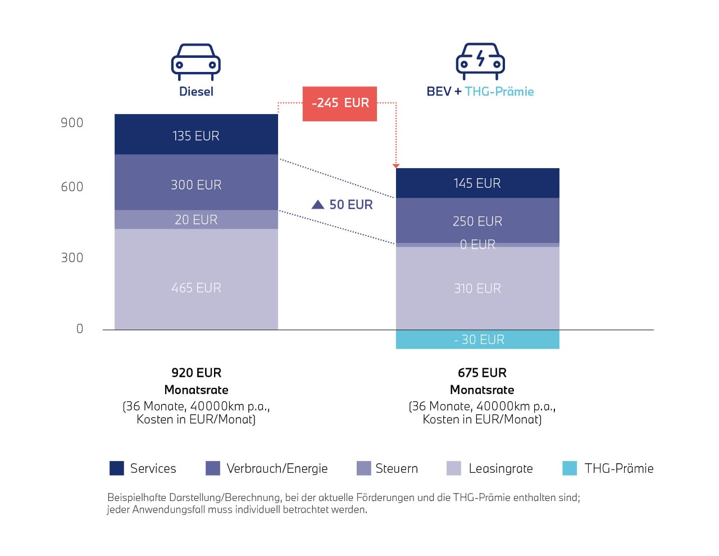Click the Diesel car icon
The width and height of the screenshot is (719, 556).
pos(195,61)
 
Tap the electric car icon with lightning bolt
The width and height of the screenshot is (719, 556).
pos(480,61)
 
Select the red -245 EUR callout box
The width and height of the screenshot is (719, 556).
pos(340,103)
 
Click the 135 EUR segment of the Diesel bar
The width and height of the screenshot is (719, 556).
pos(196,135)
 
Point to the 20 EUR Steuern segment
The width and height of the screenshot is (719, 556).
pos(196,219)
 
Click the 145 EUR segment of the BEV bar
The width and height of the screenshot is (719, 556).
pos(477,183)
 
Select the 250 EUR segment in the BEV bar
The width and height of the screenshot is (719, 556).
pos(477,221)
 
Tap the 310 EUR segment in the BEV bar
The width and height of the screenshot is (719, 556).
pos(477,288)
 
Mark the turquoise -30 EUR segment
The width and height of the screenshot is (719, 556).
pos(477,340)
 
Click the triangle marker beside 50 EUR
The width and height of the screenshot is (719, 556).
pos(318,205)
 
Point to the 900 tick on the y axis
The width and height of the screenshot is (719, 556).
pos(72,123)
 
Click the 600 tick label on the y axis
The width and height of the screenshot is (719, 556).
pos(72,187)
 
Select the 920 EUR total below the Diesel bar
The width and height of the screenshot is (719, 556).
pos(196,373)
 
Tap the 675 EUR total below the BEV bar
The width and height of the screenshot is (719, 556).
pos(482,373)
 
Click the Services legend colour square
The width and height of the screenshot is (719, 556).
pos(117,468)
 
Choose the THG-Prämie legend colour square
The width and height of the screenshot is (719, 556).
pos(570,468)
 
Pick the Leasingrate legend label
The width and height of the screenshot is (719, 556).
pos(500,468)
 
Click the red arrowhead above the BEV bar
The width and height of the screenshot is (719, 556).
pos(396,165)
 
